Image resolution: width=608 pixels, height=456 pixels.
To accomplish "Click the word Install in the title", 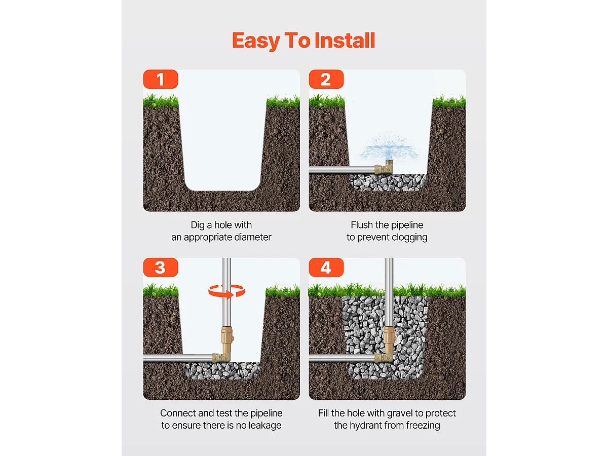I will coord(345,41).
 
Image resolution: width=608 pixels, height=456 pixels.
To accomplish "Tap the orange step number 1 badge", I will coord(161,80).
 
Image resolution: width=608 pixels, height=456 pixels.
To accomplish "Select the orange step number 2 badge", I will coord(326,80).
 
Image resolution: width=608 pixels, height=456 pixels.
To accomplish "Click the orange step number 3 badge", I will coord(161,268).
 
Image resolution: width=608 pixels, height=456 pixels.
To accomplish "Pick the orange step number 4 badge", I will coord(326,268).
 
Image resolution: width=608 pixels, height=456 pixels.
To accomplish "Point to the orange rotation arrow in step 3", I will coord(227,291).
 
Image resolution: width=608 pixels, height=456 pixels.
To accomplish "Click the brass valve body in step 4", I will coord(389,337).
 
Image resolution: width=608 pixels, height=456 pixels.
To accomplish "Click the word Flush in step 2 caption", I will coord(362,225).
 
